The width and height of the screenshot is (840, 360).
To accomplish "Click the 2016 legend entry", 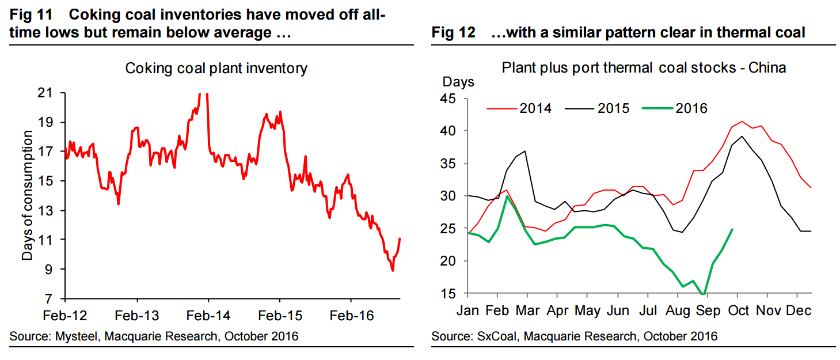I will pos(691,108).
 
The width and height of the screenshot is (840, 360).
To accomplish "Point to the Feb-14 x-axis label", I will pos(208,316).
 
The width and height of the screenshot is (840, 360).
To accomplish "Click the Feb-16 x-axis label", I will pos(351,316).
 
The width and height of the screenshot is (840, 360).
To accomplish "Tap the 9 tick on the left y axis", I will pos(56,270).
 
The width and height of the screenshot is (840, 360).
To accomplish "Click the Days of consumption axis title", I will pos(27,196).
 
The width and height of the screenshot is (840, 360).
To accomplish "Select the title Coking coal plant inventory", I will pos(216,69).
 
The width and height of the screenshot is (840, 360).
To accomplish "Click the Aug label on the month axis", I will pos(678,310).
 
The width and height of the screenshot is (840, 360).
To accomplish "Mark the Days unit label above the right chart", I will pos(458,82).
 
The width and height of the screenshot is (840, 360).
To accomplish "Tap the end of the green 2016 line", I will pos(732,229).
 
